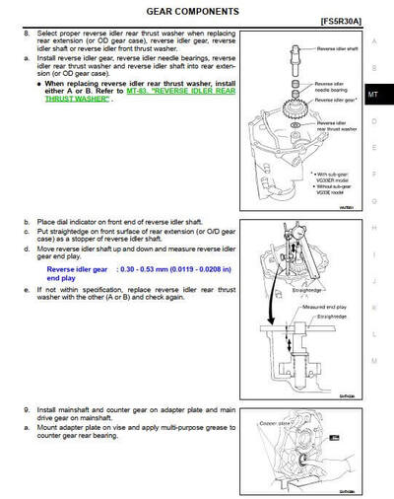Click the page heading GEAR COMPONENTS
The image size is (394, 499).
pos(192,11)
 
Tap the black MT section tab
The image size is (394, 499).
pos(373,95)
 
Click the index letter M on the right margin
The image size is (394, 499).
pos(373,361)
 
